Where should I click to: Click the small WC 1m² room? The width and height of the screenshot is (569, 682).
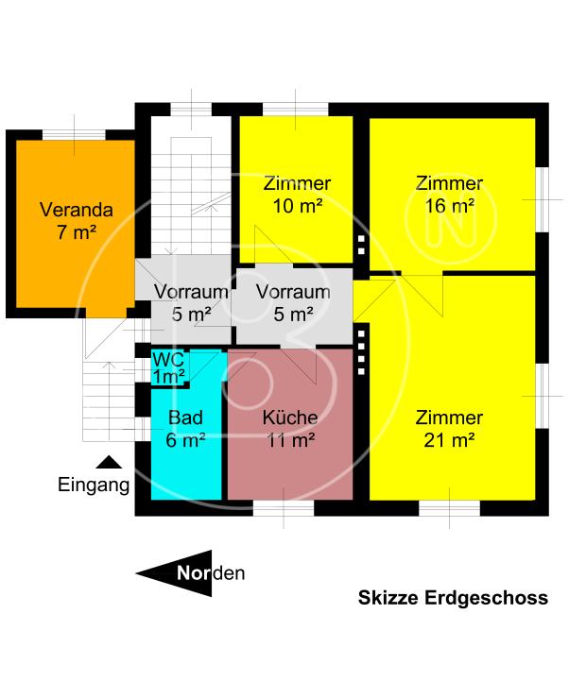[169, 368]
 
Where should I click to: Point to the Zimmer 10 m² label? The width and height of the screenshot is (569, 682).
[298, 194]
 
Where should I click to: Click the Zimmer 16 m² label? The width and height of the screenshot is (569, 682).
[450, 194]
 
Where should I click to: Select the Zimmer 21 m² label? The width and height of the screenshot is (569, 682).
[450, 428]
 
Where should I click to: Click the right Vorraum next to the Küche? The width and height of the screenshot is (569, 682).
[293, 301]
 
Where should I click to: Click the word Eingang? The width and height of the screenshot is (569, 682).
[94, 486]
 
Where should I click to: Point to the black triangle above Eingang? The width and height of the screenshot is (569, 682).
[110, 463]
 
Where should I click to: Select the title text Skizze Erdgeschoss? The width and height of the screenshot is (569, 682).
[453, 598]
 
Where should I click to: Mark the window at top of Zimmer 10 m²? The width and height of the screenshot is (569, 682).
[294, 110]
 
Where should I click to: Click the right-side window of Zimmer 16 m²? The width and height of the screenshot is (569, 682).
[542, 199]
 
